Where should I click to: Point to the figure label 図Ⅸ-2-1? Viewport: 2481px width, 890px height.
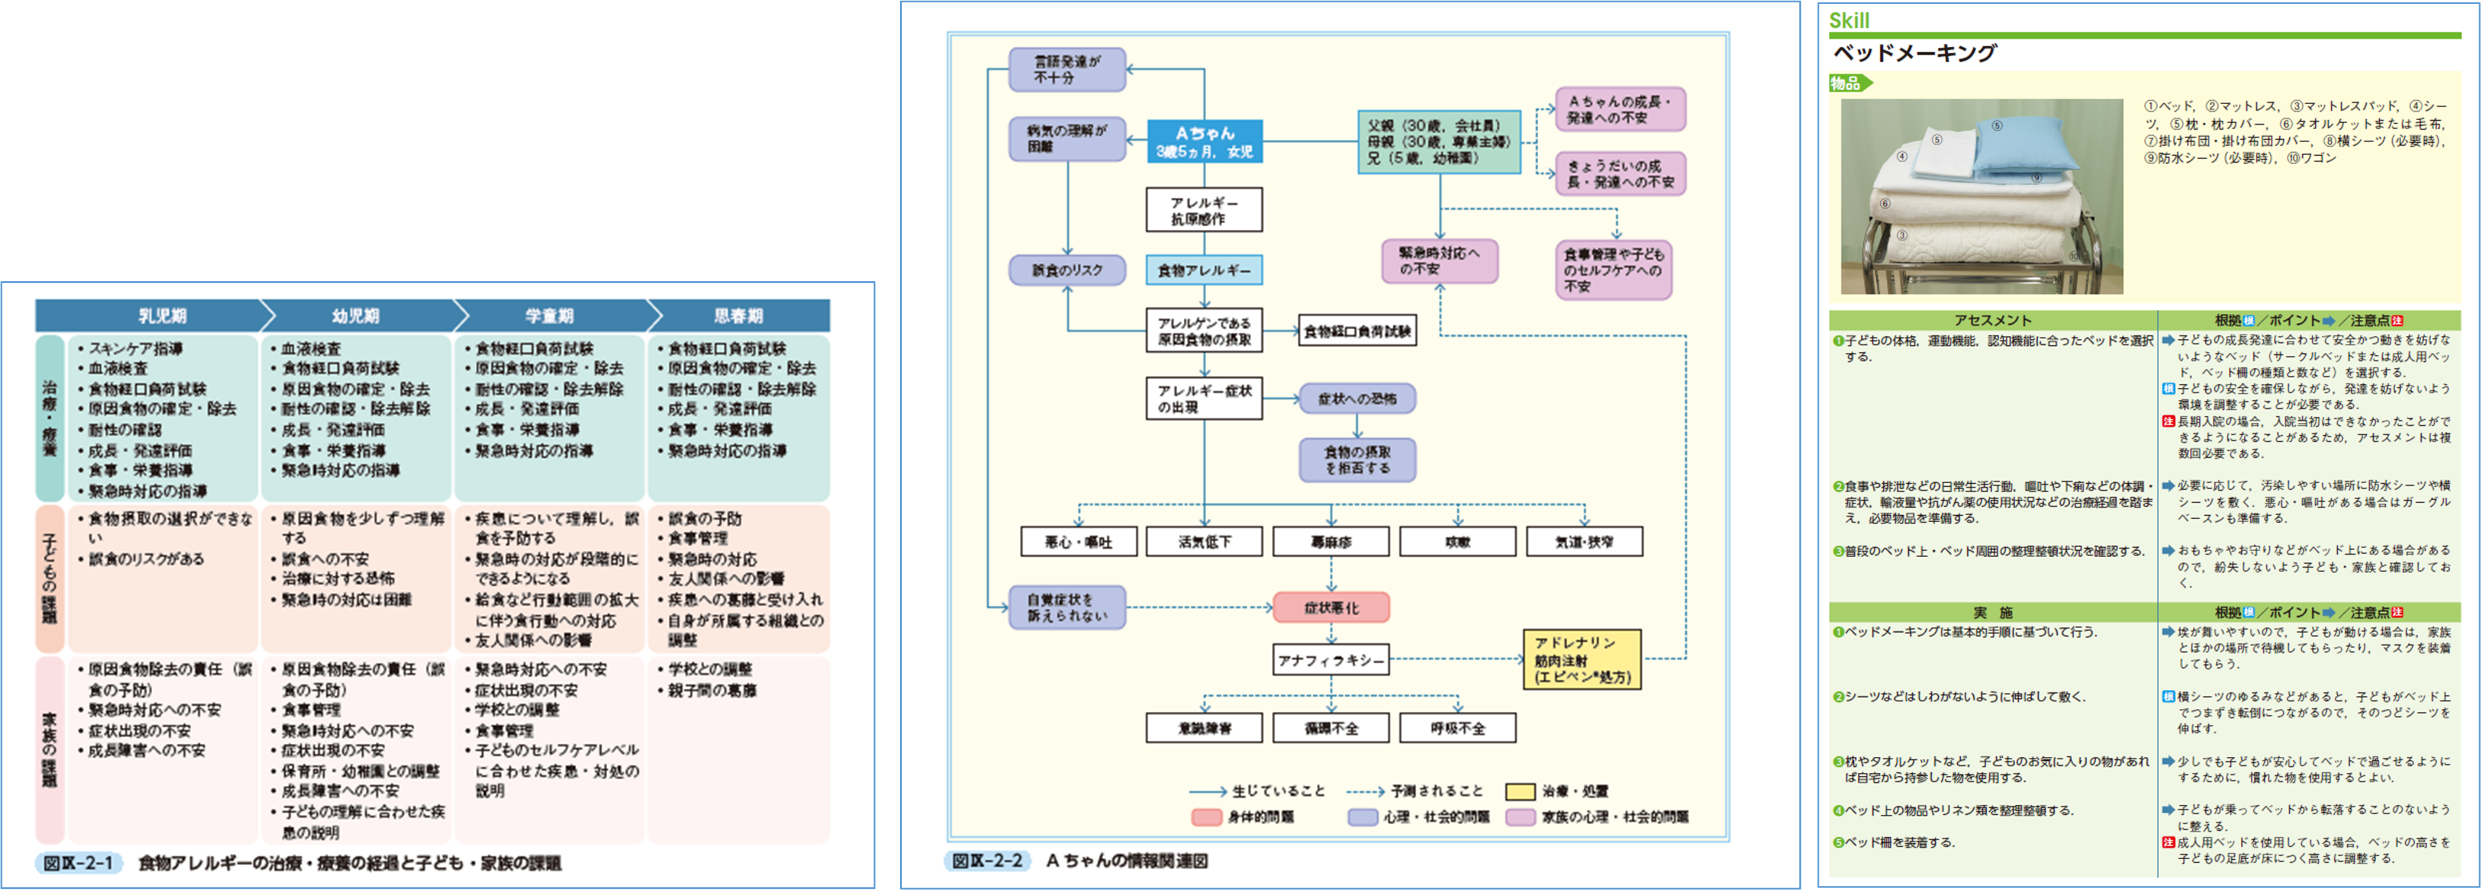79,863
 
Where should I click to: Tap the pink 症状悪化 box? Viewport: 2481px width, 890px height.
1331,608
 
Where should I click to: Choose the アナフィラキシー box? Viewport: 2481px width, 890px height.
1331,661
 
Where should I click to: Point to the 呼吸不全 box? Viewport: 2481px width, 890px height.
1457,728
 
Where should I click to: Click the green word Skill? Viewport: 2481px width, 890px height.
1849,20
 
